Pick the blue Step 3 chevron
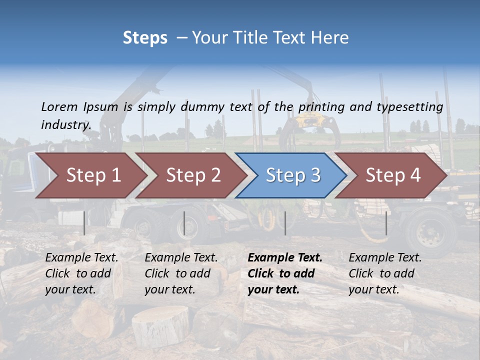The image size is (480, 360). [293, 175]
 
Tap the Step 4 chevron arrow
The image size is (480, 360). [393, 175]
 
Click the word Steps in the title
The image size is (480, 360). [145, 38]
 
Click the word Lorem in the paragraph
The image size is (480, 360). [59, 106]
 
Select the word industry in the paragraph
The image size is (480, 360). [65, 124]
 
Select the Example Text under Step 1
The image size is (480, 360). [81, 258]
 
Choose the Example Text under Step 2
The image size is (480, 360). [181, 258]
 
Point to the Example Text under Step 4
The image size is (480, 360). [385, 258]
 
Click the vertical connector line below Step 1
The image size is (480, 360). [84, 223]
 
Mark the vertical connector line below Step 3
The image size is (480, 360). [285, 223]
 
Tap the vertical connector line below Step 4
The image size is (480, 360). [386, 223]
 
